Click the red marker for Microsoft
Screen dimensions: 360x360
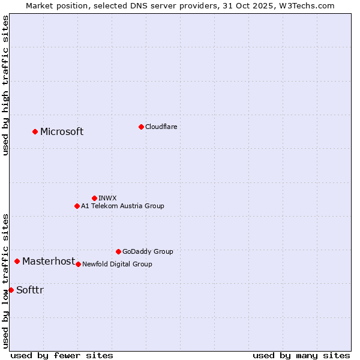[35, 131]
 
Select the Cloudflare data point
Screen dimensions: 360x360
[141, 127]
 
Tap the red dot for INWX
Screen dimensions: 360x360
[94, 198]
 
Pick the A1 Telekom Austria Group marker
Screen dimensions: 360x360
[77, 206]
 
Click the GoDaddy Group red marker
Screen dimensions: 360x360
[118, 251]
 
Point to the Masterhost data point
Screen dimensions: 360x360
[17, 261]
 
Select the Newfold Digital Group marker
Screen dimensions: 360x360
[78, 264]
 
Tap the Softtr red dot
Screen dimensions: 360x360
[11, 290]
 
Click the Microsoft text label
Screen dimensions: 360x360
[62, 132]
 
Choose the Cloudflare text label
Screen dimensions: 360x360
[161, 127]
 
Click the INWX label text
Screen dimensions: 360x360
[107, 198]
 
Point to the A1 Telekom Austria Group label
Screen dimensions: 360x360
[122, 206]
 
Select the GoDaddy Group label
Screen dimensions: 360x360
[148, 251]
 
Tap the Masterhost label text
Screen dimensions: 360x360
[49, 261]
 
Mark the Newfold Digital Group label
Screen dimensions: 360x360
[117, 264]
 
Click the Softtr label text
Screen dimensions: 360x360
[30, 290]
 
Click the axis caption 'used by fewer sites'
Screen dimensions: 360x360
[62, 355]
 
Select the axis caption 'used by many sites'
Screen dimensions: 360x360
[301, 355]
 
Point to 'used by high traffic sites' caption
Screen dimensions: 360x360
[5, 85]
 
